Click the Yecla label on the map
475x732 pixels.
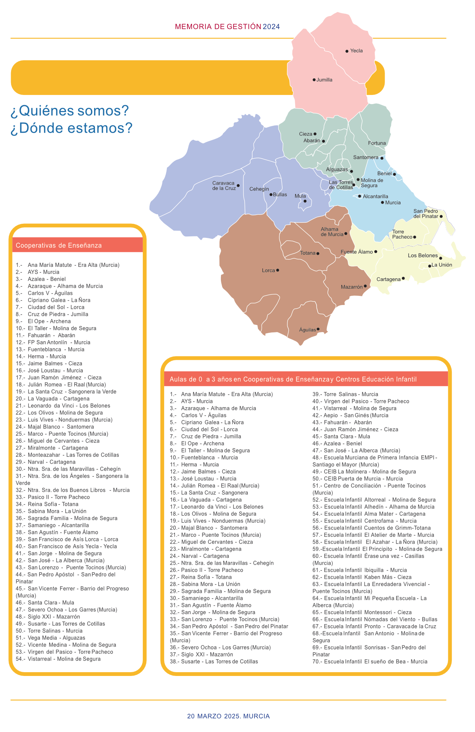[x=356, y=51]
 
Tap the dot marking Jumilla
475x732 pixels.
[x=314, y=80]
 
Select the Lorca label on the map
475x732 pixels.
[x=268, y=270]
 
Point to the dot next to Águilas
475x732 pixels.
[x=318, y=329]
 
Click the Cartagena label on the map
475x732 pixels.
[x=388, y=279]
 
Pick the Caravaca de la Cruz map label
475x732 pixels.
[x=224, y=186]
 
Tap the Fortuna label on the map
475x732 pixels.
[x=377, y=143]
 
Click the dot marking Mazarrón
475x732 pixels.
[x=365, y=286]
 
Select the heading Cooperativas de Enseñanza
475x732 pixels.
[x=59, y=246]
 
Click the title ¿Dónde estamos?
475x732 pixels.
[x=72, y=128]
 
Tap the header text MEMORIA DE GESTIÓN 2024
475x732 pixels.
[x=227, y=27]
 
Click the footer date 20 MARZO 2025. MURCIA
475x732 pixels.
[x=228, y=716]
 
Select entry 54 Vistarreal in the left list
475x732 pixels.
[x=58, y=659]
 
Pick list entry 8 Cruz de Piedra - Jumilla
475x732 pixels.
[x=52, y=314]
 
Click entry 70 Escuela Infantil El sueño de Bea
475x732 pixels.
[x=370, y=661]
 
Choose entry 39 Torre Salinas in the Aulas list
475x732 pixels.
[x=345, y=394]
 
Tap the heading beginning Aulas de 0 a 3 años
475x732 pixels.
[x=293, y=379]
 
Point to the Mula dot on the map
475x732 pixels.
[x=305, y=201]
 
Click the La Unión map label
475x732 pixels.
[x=441, y=265]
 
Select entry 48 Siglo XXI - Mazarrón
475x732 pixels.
[x=48, y=616]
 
